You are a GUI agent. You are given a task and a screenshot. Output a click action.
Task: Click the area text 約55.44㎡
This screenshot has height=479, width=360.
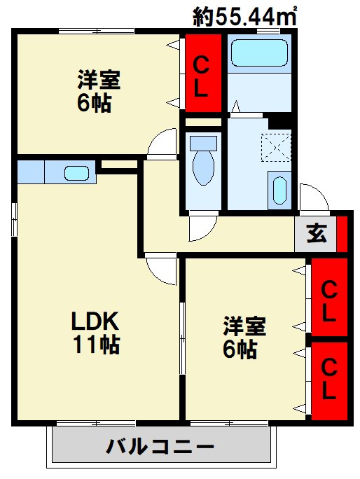(x=245, y=15)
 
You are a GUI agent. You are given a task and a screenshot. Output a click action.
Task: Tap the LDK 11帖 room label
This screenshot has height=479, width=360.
(x=97, y=332)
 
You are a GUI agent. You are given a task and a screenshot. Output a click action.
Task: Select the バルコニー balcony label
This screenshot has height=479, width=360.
(x=160, y=446)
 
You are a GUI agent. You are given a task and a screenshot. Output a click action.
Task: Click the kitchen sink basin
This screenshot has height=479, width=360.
(x=76, y=172)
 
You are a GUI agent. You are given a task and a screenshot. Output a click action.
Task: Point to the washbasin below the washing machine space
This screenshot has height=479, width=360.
(x=278, y=190)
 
